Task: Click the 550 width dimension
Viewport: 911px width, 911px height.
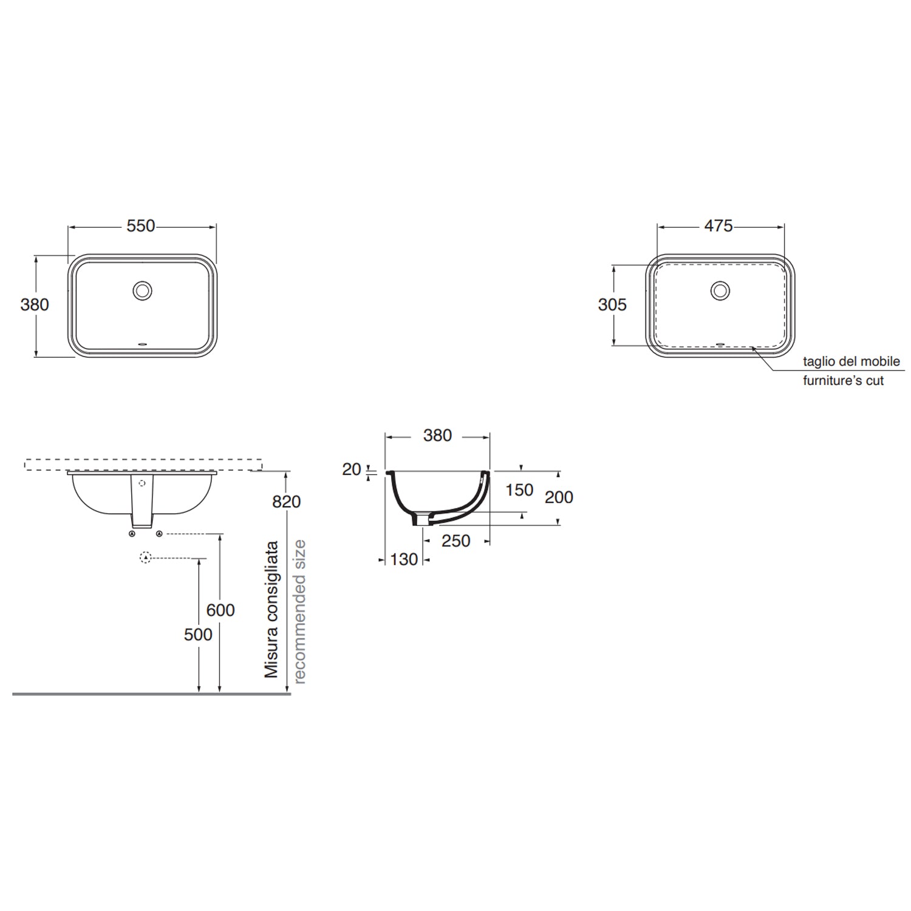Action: pyautogui.click(x=141, y=226)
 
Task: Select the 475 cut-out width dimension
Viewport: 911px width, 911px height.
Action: pyautogui.click(x=718, y=226)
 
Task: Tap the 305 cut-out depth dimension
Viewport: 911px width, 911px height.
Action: pyautogui.click(x=612, y=304)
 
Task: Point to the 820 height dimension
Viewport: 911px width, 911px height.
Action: pyautogui.click(x=287, y=502)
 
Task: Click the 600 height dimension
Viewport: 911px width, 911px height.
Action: pyautogui.click(x=220, y=610)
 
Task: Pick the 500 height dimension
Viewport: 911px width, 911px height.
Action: pyautogui.click(x=199, y=634)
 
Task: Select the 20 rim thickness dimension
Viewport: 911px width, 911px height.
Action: pyautogui.click(x=352, y=469)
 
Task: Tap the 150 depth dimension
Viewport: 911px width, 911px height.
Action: pyautogui.click(x=519, y=490)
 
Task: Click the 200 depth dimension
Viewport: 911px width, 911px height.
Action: pyautogui.click(x=559, y=497)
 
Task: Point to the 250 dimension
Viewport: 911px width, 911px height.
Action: pyautogui.click(x=455, y=541)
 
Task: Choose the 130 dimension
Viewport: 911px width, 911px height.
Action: pyautogui.click(x=403, y=559)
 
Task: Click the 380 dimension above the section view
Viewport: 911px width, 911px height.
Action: pyautogui.click(x=437, y=435)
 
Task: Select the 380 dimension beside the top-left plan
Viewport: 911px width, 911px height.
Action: pyautogui.click(x=35, y=304)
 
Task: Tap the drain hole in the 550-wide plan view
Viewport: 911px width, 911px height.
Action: pyautogui.click(x=143, y=290)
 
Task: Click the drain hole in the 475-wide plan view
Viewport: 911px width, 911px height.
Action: pyautogui.click(x=720, y=290)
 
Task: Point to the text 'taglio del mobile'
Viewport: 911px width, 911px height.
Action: pyautogui.click(x=851, y=361)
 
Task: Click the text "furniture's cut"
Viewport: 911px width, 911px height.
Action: pyautogui.click(x=843, y=381)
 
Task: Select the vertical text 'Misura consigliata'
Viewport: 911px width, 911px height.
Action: pyautogui.click(x=271, y=609)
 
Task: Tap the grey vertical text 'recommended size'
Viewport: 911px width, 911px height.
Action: pyautogui.click(x=299, y=612)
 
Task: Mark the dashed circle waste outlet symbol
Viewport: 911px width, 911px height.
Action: pyautogui.click(x=145, y=558)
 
